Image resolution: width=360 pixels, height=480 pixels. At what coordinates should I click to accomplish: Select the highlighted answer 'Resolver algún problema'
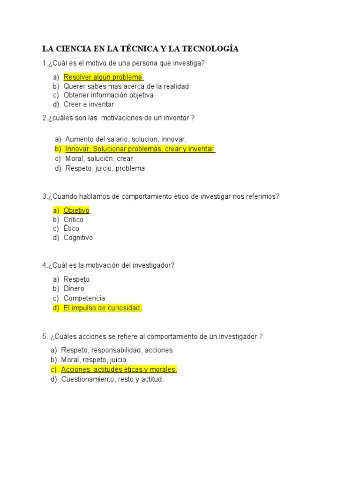click(103, 77)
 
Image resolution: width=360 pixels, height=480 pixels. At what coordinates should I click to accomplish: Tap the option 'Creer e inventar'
click(89, 104)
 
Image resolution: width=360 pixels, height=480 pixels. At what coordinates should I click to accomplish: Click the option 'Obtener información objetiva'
click(108, 95)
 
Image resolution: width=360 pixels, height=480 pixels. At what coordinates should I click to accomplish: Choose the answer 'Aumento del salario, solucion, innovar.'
click(126, 139)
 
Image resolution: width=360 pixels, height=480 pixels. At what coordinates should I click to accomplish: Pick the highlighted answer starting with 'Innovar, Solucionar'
click(139, 149)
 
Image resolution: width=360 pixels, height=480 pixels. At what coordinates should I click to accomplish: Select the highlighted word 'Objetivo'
click(76, 210)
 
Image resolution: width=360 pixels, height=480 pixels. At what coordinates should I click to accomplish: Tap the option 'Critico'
click(74, 219)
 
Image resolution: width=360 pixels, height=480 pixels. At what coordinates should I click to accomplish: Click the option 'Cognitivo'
click(78, 238)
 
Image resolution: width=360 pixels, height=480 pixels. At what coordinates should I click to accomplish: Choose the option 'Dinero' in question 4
click(74, 289)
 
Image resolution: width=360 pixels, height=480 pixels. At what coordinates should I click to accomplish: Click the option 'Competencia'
click(84, 298)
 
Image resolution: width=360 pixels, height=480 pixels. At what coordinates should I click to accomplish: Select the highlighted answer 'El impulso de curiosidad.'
click(102, 308)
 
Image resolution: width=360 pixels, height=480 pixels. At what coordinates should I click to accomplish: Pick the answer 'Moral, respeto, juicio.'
click(94, 360)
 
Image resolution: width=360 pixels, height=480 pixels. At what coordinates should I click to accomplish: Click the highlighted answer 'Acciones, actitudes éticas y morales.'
click(119, 369)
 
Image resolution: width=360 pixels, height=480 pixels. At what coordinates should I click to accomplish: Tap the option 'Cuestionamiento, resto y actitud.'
click(112, 379)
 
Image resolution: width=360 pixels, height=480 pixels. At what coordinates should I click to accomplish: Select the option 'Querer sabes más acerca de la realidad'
click(126, 86)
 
